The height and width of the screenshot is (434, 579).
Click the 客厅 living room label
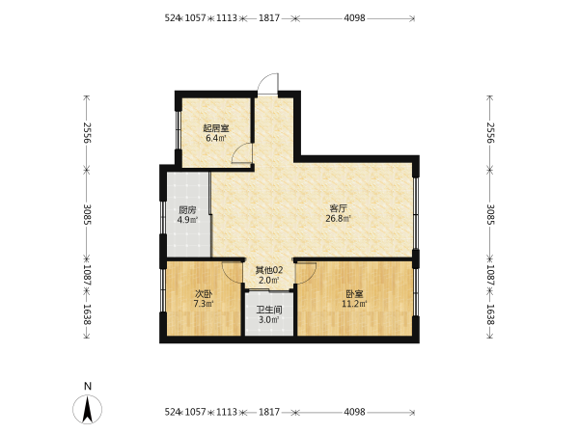point(339,208)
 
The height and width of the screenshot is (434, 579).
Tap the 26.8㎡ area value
point(339,219)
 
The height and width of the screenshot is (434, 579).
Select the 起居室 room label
point(216,128)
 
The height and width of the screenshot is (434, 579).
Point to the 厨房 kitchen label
point(187,210)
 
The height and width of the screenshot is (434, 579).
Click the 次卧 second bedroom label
point(204,294)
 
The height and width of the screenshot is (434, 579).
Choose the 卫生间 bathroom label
point(269,310)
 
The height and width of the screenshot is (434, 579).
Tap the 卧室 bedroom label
point(354,294)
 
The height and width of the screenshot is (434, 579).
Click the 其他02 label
point(269,270)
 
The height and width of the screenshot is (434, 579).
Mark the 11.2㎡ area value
point(354,304)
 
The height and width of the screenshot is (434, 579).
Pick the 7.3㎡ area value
point(204,304)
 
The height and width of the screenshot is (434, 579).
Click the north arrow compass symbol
point(88,409)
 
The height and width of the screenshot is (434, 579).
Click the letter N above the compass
point(88,387)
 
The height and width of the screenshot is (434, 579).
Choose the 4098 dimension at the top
point(354,17)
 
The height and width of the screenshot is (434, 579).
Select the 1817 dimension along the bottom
point(269,412)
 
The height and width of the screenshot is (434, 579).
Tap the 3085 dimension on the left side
point(87,214)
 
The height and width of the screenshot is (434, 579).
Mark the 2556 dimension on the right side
point(490,133)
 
